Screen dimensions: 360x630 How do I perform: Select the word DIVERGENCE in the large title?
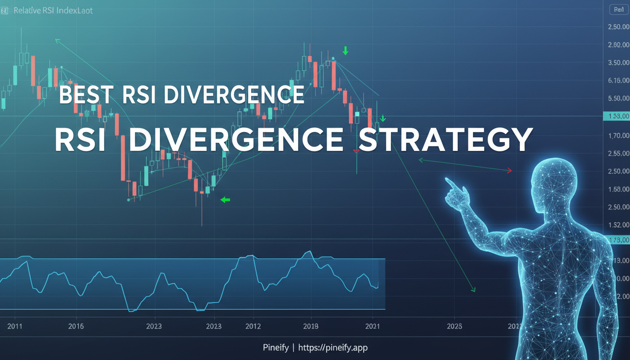[x=236, y=139]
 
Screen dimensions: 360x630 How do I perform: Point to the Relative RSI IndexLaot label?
[x=53, y=10]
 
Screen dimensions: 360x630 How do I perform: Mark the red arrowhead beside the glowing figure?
[x=509, y=171]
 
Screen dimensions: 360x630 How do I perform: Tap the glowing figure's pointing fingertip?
[x=447, y=179]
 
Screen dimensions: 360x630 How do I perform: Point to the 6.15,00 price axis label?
[x=618, y=81]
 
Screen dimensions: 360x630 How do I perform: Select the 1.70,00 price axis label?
[x=618, y=136]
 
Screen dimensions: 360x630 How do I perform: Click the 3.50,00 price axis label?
[x=618, y=63]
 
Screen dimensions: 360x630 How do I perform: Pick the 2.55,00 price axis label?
[x=618, y=153]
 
